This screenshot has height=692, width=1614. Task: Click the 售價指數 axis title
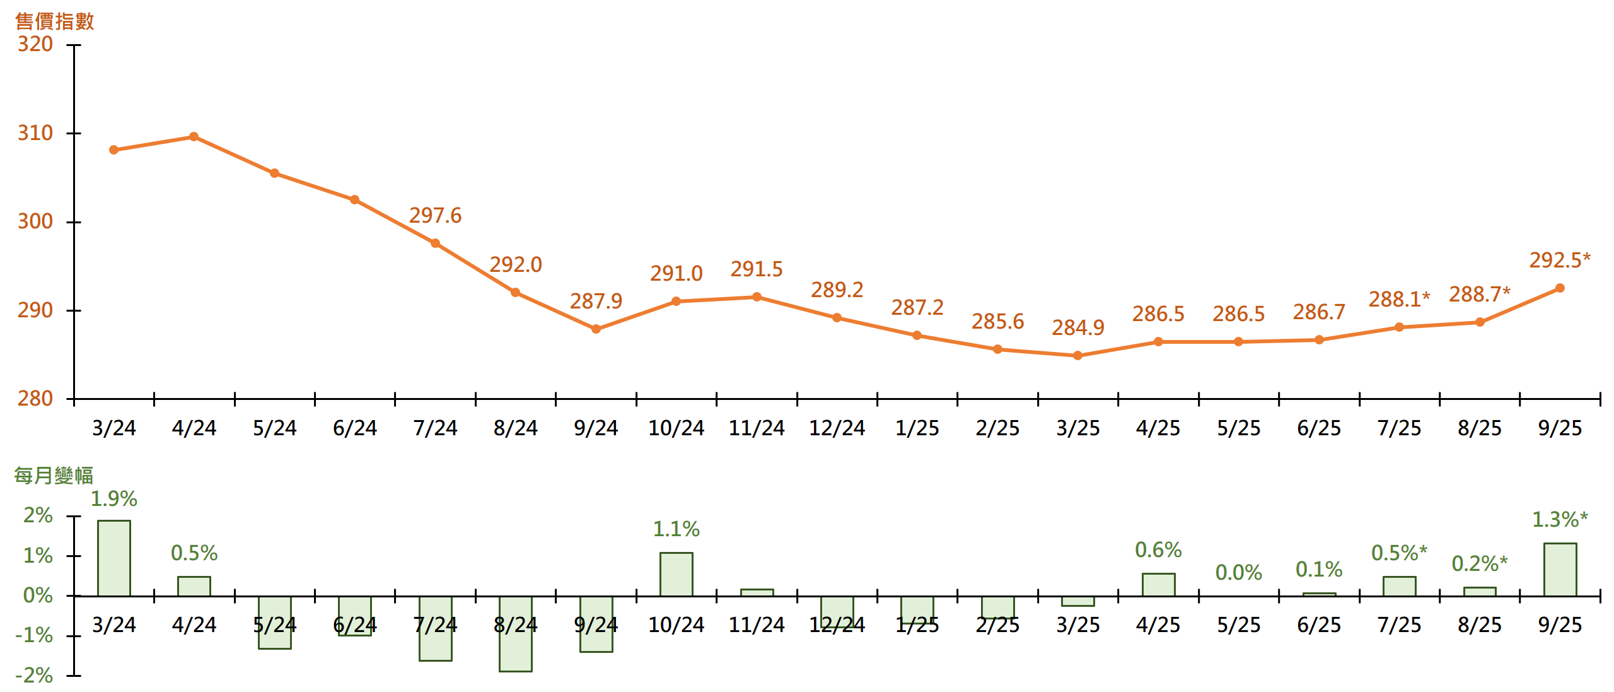click(54, 21)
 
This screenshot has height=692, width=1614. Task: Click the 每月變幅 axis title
click(54, 475)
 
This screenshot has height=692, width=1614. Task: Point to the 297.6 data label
click(435, 216)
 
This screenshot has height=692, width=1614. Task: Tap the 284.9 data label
click(1078, 328)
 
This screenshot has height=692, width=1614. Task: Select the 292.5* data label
click(1560, 260)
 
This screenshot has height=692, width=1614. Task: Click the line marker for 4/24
click(194, 137)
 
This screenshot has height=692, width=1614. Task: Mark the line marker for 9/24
click(596, 329)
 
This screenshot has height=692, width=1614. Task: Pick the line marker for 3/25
click(1078, 356)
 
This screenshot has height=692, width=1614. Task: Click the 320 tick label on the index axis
click(35, 44)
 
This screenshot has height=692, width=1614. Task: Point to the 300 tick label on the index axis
click(35, 221)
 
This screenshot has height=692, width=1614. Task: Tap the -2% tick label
click(35, 676)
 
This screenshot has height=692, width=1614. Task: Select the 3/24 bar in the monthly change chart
click(114, 558)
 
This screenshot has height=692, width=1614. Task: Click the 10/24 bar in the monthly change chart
click(676, 574)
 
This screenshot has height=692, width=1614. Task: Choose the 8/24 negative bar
click(516, 634)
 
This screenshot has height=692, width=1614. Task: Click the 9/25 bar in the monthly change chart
click(1560, 570)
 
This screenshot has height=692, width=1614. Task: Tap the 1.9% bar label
click(114, 499)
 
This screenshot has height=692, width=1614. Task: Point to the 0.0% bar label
click(1239, 573)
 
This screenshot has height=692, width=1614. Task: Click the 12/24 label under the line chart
click(837, 428)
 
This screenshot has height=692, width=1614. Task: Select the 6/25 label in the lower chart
click(1319, 625)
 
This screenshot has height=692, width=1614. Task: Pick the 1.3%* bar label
click(1560, 520)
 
